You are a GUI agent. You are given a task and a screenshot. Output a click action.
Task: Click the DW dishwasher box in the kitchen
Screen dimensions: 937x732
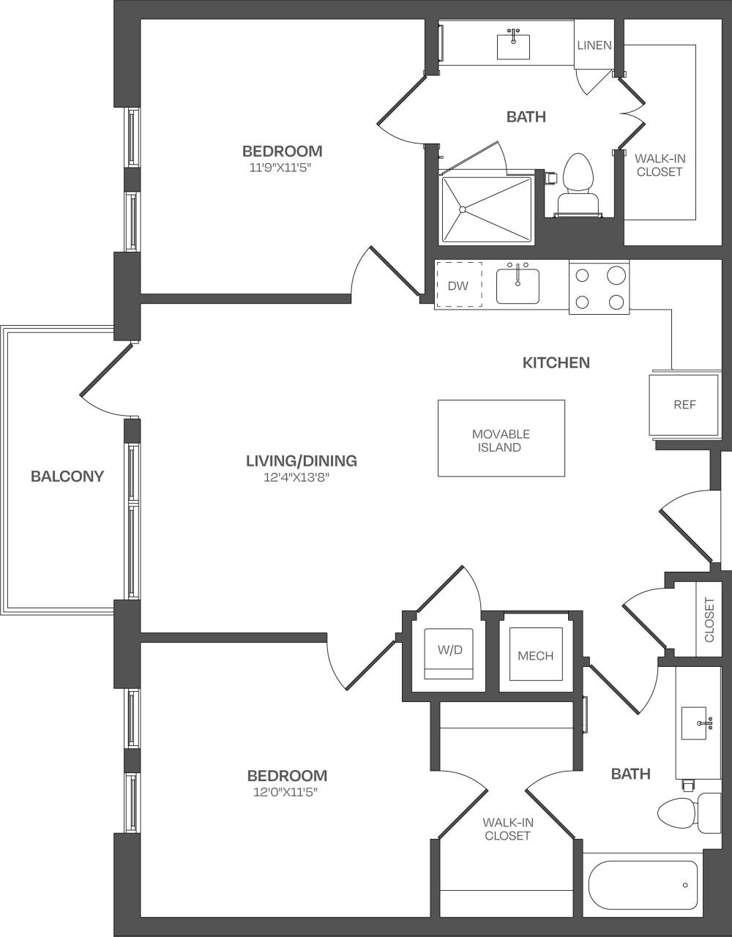[459, 285]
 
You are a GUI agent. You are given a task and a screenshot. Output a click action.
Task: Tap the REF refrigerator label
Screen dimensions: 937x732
[684, 404]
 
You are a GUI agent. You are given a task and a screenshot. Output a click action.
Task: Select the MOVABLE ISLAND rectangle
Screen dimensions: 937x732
[501, 438]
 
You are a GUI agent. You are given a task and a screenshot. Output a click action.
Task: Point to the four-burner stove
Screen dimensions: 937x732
[599, 288]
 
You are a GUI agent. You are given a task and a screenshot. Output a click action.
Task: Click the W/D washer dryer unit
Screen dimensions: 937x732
[449, 652]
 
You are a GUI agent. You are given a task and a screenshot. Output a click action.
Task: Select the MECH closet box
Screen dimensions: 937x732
[536, 655]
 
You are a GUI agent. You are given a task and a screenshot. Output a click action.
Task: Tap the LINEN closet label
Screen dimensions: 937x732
[594, 45]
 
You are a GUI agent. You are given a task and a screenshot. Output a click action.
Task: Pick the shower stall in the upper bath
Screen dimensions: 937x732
[485, 209]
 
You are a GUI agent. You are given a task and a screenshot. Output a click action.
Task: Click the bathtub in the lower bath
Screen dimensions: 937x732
[642, 885]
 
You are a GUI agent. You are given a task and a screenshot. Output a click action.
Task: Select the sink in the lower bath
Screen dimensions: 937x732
[694, 723]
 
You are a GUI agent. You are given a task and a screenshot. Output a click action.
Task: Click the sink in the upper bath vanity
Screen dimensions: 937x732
[513, 45]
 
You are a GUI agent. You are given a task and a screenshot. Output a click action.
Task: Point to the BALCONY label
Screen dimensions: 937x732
[67, 476]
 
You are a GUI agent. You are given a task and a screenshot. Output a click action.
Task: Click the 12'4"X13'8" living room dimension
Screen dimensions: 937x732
[302, 477]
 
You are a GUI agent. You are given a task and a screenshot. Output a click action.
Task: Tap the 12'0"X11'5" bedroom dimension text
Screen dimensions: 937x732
[286, 791]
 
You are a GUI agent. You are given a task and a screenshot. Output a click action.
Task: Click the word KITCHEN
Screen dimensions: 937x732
[556, 362]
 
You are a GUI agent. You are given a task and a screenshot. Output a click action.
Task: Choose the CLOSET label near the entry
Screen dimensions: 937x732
[709, 619]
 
